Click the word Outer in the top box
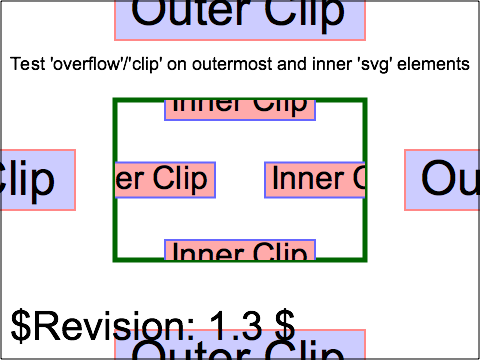186,13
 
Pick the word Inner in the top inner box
202,105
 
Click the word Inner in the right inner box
305,180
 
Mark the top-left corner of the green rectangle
115,100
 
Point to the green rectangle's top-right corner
365,100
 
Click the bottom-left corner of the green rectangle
115,260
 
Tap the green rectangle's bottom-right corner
365,260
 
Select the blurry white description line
240,65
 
